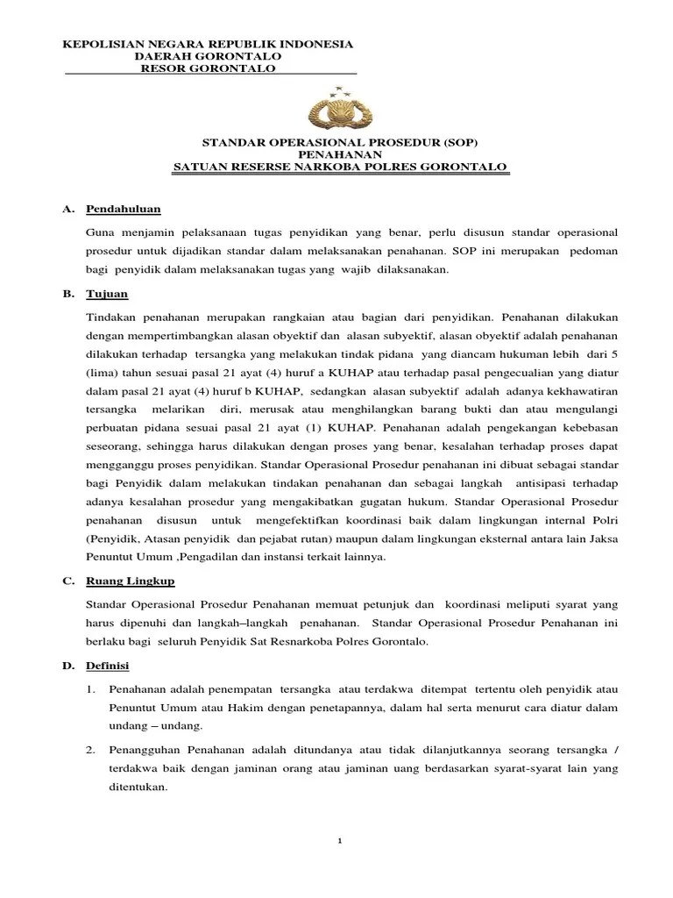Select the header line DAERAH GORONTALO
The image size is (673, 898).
(x=208, y=55)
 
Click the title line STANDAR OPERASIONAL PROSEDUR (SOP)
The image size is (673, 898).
(x=339, y=141)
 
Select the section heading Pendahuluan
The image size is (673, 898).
(x=124, y=209)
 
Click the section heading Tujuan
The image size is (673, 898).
(x=108, y=293)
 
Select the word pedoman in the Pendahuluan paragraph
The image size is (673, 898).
(x=593, y=251)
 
